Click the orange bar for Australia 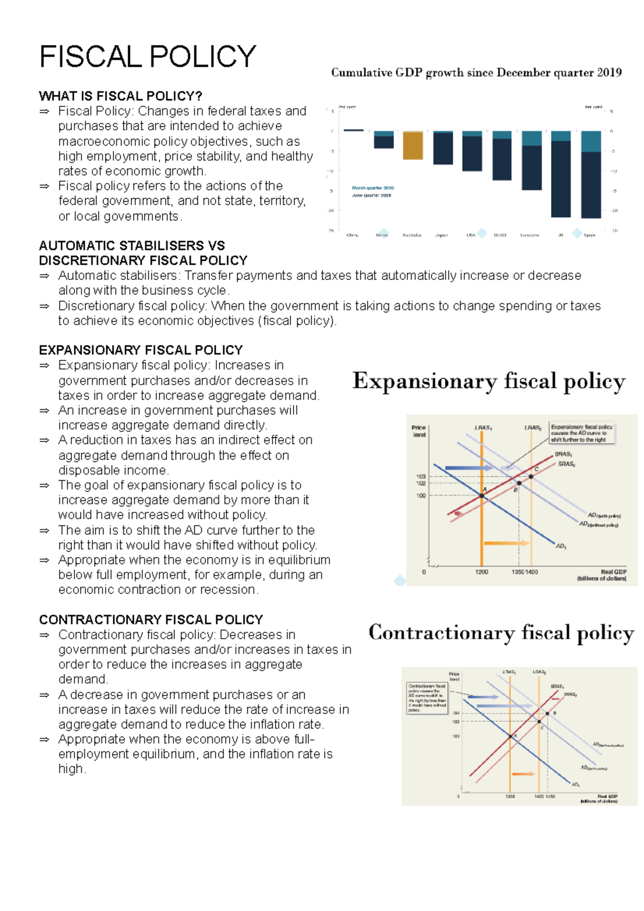pos(413,145)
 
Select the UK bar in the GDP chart pos(561,177)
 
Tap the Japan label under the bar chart pos(441,235)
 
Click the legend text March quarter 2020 pos(372,188)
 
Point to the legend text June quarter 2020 pos(371,195)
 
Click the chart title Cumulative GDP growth pos(476,72)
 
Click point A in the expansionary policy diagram pos(482,496)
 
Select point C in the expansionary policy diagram pos(531,476)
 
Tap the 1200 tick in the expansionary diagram pos(481,572)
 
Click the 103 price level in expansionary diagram pos(421,476)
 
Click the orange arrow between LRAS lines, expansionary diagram pos(506,543)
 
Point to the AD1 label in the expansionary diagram pos(561,546)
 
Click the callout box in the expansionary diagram pos(582,434)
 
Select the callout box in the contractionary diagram pos(427,698)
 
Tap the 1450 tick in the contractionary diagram pos(550,797)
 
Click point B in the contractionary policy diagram pos(547,714)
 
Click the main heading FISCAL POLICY pos(148,57)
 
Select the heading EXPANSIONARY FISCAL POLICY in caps pos(141,350)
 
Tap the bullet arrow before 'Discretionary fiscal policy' pos(45,306)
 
